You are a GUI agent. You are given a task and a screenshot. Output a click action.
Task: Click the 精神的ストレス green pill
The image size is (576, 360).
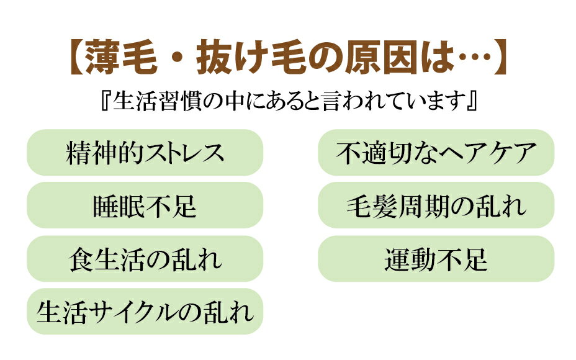[145, 153]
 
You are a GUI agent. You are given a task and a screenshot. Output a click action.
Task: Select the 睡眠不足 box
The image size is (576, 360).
[145, 205]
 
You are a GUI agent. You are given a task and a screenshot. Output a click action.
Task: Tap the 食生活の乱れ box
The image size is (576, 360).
[145, 259]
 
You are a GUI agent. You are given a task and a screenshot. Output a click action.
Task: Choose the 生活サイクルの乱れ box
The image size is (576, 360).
[145, 312]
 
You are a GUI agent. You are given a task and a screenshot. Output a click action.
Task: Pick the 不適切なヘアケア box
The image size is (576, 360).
[436, 153]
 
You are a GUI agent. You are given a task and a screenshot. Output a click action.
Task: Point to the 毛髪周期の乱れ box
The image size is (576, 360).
[436, 205]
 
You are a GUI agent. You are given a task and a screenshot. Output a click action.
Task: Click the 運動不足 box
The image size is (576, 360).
[436, 259]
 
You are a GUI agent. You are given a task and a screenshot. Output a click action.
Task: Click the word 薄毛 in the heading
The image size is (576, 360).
[122, 57]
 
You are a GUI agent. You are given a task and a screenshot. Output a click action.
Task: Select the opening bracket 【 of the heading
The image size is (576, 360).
[77, 57]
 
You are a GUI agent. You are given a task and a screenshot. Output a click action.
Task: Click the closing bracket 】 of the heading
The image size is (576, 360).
[500, 57]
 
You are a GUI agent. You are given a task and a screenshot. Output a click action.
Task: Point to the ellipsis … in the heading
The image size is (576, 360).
[474, 58]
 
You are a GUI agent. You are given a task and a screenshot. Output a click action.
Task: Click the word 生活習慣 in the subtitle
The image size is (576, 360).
[157, 101]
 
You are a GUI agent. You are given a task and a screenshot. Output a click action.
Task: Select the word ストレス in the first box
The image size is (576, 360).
[184, 153]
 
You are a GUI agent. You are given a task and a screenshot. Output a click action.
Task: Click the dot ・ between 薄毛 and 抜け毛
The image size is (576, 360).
[178, 58]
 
